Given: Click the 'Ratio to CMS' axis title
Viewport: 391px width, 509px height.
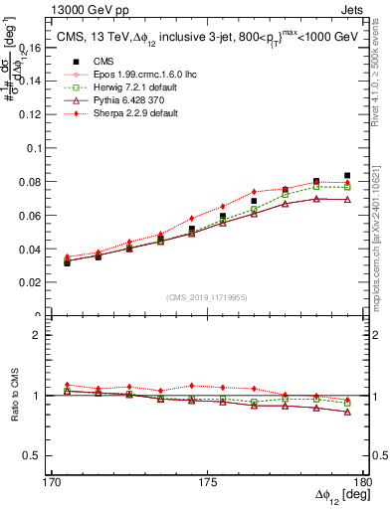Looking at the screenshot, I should point(13,396).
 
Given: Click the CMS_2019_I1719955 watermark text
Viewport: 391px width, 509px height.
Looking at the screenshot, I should point(206,297).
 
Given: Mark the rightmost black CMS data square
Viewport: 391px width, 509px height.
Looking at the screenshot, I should point(347,176).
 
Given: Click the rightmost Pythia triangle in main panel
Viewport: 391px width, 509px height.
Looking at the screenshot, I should point(347,200).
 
